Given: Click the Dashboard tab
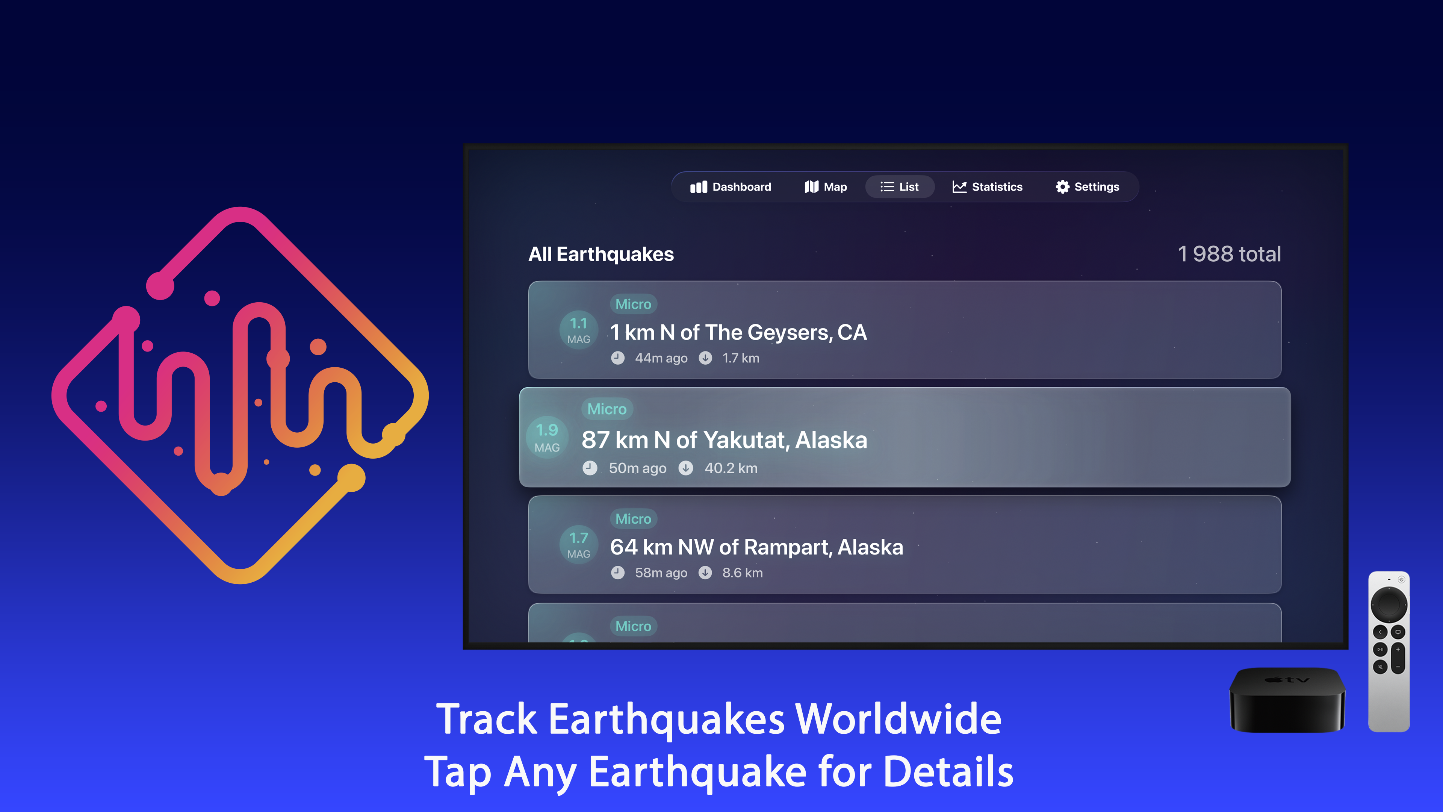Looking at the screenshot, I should [x=731, y=186].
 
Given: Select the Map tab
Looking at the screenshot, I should [x=825, y=186].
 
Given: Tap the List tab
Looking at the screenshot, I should [x=899, y=186].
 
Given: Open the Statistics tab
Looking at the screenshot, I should [x=987, y=186].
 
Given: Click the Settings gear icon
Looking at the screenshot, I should [x=1062, y=186].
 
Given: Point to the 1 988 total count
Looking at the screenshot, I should [x=1229, y=254].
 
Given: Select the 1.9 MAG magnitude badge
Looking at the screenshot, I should [x=547, y=437].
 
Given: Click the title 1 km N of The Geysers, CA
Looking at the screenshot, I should [x=738, y=332].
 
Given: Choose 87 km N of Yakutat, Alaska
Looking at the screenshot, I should [x=724, y=440].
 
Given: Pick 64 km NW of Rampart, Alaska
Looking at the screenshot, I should [x=756, y=547].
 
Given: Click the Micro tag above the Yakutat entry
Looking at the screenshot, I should [x=607, y=409].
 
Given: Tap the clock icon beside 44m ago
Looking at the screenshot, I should [x=617, y=358].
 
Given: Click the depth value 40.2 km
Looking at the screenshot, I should [x=731, y=468].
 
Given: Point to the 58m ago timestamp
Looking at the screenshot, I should [x=661, y=573].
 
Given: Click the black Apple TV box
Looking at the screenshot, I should [x=1287, y=700].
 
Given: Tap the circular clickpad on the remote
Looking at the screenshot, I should [x=1388, y=604].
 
